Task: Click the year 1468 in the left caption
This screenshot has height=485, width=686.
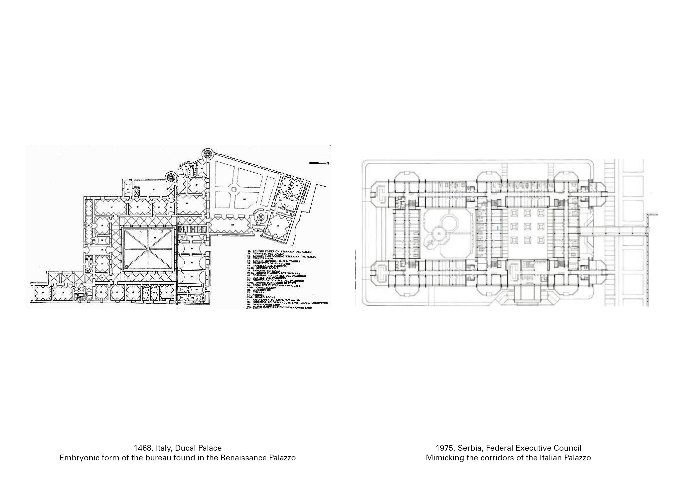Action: [143, 448]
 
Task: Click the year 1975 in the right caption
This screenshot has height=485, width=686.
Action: [445, 448]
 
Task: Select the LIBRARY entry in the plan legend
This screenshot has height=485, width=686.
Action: [258, 292]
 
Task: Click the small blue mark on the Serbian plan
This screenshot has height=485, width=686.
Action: [497, 228]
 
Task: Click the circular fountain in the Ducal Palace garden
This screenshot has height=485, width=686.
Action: [234, 189]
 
